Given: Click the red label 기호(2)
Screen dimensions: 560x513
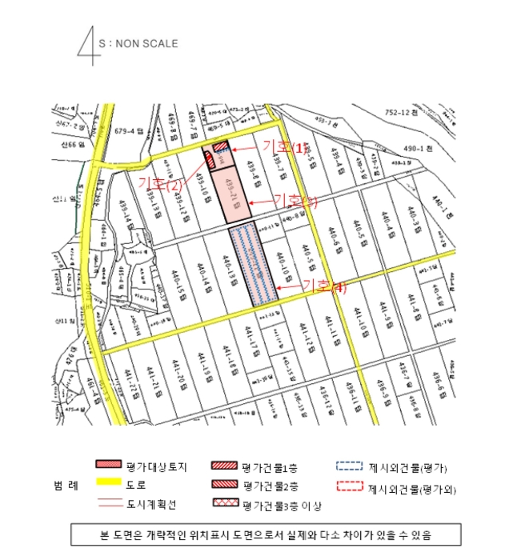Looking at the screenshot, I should pos(161,183).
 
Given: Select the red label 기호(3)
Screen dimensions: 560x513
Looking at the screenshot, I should pos(295,201).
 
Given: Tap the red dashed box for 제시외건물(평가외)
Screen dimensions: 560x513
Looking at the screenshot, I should pos(348,485).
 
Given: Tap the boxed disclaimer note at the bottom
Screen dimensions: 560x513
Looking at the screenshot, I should pos(256,533).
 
